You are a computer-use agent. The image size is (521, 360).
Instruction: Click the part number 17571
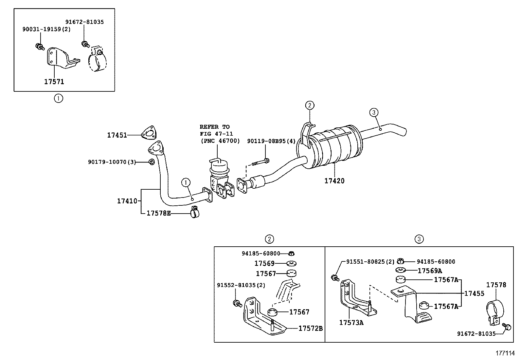click(x=54, y=82)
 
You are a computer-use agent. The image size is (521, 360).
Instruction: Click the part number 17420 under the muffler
click(x=334, y=181)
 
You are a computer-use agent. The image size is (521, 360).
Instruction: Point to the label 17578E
click(x=158, y=213)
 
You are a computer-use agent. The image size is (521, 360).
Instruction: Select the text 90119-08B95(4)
click(x=271, y=141)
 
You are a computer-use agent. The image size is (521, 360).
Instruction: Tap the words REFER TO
click(x=215, y=127)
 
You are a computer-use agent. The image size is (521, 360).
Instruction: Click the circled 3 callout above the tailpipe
click(x=374, y=113)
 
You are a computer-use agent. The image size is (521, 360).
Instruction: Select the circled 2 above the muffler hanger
click(x=310, y=105)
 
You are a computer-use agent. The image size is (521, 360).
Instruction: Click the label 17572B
click(x=310, y=328)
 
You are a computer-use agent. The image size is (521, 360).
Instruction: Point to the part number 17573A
click(x=351, y=323)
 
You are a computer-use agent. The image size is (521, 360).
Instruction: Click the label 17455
click(x=474, y=294)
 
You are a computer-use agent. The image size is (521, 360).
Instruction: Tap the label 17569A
click(x=430, y=271)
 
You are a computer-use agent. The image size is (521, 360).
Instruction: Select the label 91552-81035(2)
click(x=241, y=285)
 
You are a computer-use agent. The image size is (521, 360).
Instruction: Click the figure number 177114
click(x=505, y=353)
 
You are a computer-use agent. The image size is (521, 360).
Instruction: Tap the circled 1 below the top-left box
click(x=58, y=98)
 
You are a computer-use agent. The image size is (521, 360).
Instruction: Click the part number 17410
click(x=127, y=201)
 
